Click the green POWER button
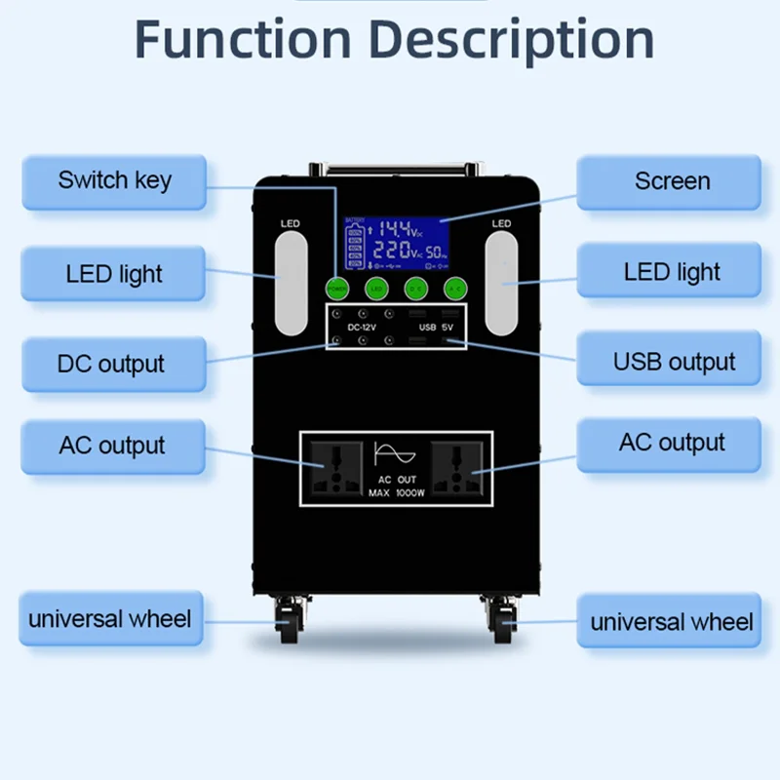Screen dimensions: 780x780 point(336,288)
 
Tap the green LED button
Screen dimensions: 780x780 point(376,288)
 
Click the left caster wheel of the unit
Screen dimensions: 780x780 point(289,621)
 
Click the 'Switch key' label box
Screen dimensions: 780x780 point(114,181)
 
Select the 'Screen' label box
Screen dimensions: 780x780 point(671,181)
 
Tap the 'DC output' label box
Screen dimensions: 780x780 point(111,365)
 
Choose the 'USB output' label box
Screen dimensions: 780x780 point(673,363)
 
